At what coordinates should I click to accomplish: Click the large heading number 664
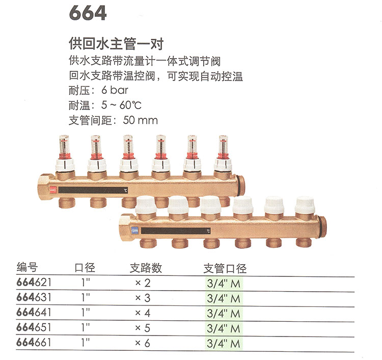(x=88, y=13)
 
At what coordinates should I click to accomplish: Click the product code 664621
(x=34, y=282)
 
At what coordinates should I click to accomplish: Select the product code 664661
(x=34, y=343)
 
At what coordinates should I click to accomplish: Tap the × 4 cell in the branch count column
(x=143, y=313)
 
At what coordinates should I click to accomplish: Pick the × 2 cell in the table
(x=143, y=283)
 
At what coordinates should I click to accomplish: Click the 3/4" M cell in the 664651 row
(x=224, y=328)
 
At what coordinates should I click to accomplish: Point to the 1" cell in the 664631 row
(x=86, y=297)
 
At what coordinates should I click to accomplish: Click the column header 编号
(x=27, y=267)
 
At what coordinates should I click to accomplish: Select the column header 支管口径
(x=225, y=268)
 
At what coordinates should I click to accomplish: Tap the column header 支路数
(x=146, y=268)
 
